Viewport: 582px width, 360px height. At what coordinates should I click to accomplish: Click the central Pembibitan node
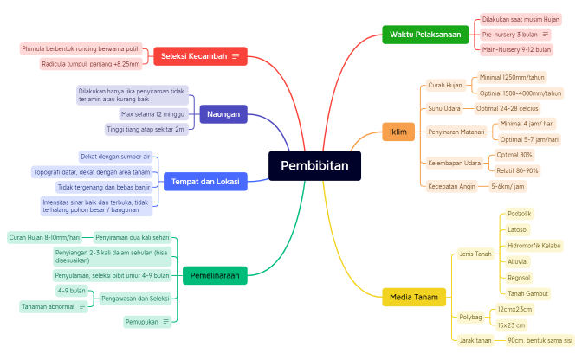[x=314, y=166]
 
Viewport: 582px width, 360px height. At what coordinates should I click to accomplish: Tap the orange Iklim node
[x=398, y=132]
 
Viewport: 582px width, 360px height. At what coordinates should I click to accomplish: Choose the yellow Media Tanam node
[x=414, y=297]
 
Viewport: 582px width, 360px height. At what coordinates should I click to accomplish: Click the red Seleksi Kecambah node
[x=200, y=56]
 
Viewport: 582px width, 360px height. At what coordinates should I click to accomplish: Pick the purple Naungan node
[x=223, y=113]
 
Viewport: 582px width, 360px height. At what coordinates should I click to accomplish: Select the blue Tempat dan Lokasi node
[x=205, y=181]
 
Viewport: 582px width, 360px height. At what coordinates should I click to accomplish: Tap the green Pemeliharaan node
[x=215, y=275]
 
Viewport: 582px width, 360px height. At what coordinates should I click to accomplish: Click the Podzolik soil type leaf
[x=520, y=213]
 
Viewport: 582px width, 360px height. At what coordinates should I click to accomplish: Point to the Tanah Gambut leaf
[x=527, y=293]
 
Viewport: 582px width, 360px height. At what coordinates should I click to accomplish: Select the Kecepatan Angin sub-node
[x=451, y=186]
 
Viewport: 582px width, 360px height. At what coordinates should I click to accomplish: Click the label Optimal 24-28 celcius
[x=508, y=109]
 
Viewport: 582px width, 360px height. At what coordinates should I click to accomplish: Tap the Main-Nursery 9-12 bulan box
[x=516, y=50]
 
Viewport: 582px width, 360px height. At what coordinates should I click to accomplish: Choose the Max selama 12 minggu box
[x=152, y=114]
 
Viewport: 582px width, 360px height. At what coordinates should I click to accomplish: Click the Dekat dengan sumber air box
[x=115, y=157]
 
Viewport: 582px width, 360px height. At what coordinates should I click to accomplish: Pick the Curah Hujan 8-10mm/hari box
[x=44, y=236]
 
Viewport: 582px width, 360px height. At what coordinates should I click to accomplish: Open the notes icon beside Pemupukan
[x=165, y=322]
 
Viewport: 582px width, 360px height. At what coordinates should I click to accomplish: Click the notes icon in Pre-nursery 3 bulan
[x=546, y=35]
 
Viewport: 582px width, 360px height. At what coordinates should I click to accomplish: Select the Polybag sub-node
[x=471, y=317]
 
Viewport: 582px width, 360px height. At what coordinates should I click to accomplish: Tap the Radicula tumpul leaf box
[x=90, y=64]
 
